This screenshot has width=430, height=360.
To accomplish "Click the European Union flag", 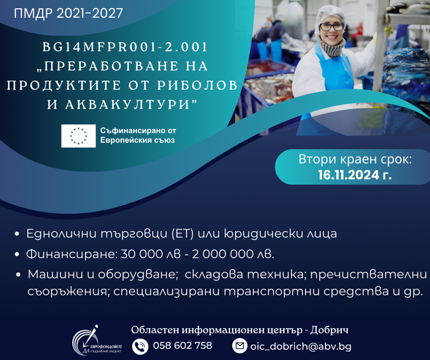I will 79,135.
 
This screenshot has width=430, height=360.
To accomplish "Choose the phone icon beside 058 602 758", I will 140,345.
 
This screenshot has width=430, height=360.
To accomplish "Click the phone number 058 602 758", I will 183,345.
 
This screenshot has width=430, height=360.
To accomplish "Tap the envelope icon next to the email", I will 239,345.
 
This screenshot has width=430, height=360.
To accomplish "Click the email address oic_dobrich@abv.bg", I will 300,346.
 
